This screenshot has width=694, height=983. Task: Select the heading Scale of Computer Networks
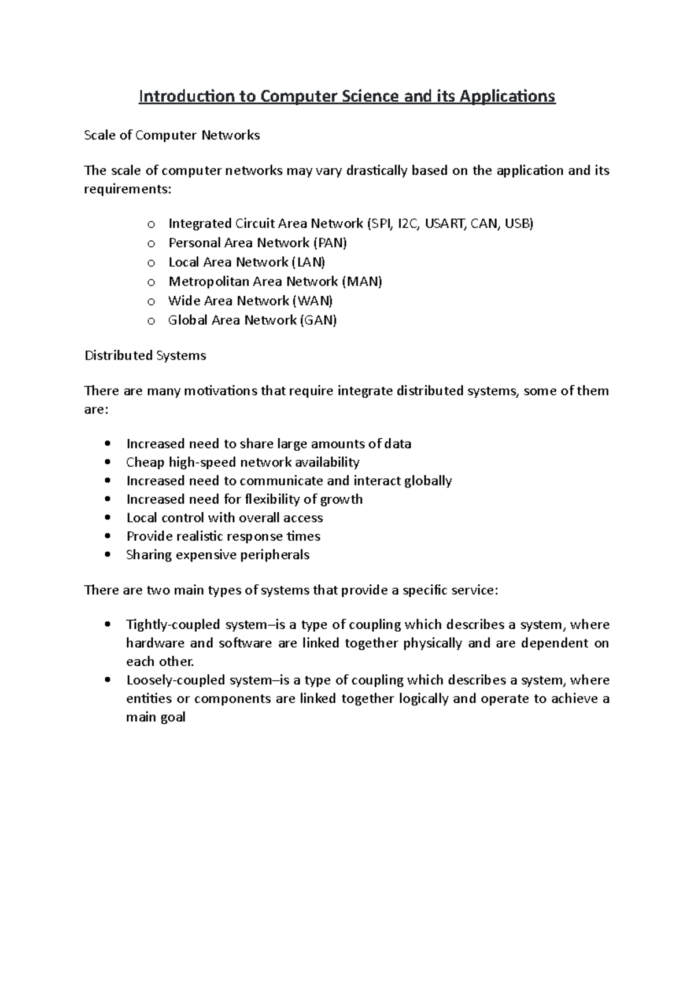click(172, 135)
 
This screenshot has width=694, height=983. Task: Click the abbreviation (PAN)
click(330, 243)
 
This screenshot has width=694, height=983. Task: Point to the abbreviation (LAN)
click(308, 262)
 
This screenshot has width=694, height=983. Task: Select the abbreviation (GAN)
click(318, 320)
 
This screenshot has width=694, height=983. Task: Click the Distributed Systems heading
click(145, 355)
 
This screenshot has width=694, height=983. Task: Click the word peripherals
click(274, 555)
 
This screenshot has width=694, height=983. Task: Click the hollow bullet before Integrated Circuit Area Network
click(151, 225)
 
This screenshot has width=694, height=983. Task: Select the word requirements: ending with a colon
click(128, 189)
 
